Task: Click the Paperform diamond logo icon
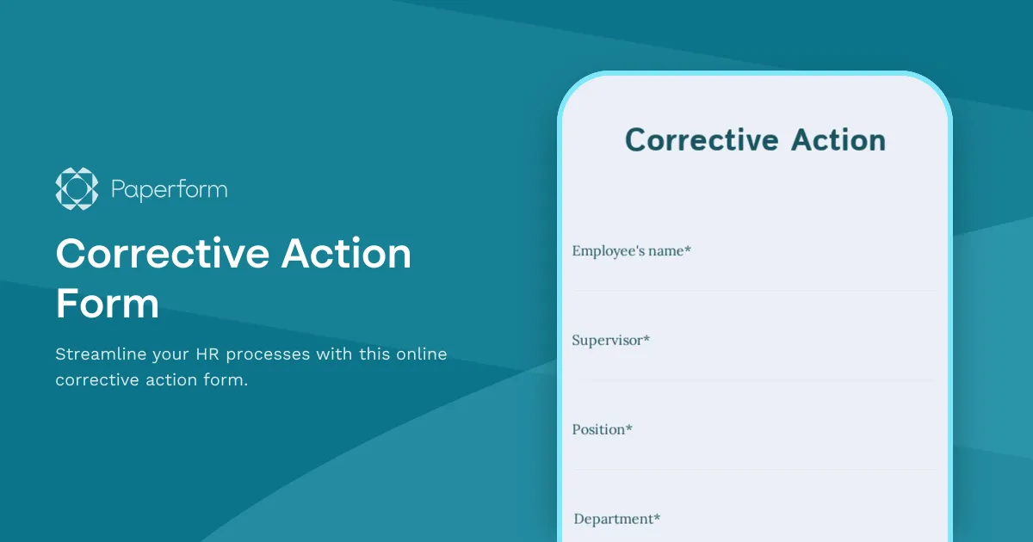click(77, 188)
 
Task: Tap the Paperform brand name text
click(170, 189)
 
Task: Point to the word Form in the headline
click(107, 304)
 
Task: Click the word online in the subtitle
click(420, 354)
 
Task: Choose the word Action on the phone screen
click(820, 140)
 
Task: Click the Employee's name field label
click(628, 251)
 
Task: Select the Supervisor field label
click(607, 341)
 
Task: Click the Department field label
click(613, 520)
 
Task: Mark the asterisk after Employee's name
click(688, 249)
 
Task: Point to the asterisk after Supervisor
click(646, 339)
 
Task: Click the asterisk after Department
click(657, 518)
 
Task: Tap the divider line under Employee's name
click(754, 291)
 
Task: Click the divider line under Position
click(754, 470)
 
